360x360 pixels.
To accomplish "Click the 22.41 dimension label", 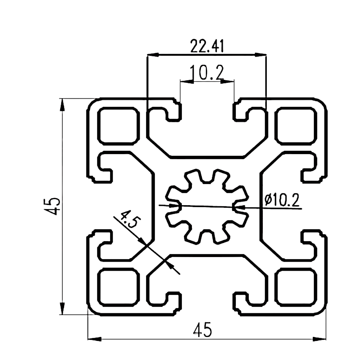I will pyautogui.click(x=207, y=46).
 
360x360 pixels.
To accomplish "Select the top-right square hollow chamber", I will pyautogui.click(x=296, y=125).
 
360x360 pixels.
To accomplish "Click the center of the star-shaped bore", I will pyautogui.click(x=207, y=206).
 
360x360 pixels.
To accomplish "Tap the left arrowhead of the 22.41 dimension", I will pyautogui.click(x=153, y=55).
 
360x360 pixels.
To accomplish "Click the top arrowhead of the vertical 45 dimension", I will pyautogui.click(x=62, y=104).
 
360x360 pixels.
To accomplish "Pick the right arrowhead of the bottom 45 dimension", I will pyautogui.click(x=320, y=339).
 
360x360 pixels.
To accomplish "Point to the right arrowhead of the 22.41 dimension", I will pyautogui.click(x=261, y=55).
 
